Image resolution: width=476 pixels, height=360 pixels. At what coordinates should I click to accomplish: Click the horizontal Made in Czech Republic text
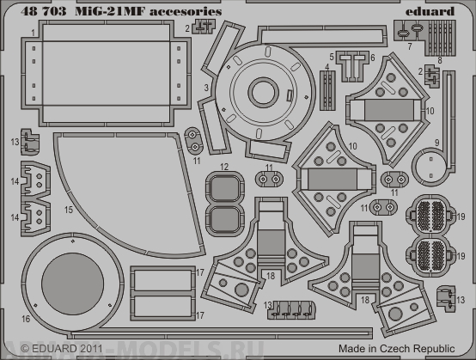point(406,349)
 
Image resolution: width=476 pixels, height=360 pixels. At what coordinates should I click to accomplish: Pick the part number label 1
point(32,32)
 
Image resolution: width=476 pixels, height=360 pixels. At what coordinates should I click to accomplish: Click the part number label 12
point(223,166)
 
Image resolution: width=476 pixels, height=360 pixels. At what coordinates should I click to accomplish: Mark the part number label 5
point(331,56)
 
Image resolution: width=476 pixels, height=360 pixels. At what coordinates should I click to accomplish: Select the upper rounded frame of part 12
point(223,187)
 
